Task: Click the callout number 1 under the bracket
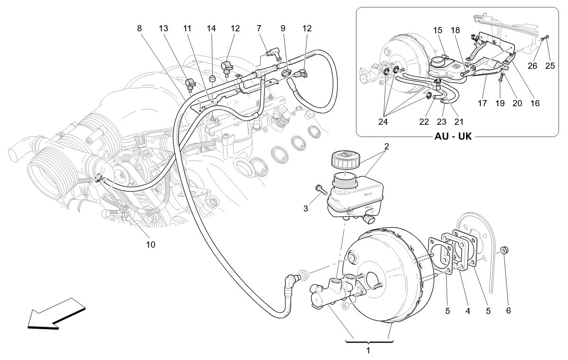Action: tap(368, 351)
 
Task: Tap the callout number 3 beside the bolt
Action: tap(306, 208)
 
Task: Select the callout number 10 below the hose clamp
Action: tap(150, 245)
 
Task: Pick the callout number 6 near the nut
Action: tap(508, 311)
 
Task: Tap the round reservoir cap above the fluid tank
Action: tap(346, 158)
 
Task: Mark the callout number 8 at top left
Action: tap(139, 28)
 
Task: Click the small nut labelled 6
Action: tap(505, 250)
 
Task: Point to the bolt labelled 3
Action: tap(321, 191)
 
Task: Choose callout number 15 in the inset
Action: tap(437, 30)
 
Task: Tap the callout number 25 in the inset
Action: tap(550, 65)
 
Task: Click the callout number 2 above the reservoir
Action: tap(386, 146)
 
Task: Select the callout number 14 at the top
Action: tap(211, 28)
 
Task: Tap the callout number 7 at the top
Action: tap(259, 28)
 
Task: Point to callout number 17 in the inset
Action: tap(482, 103)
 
